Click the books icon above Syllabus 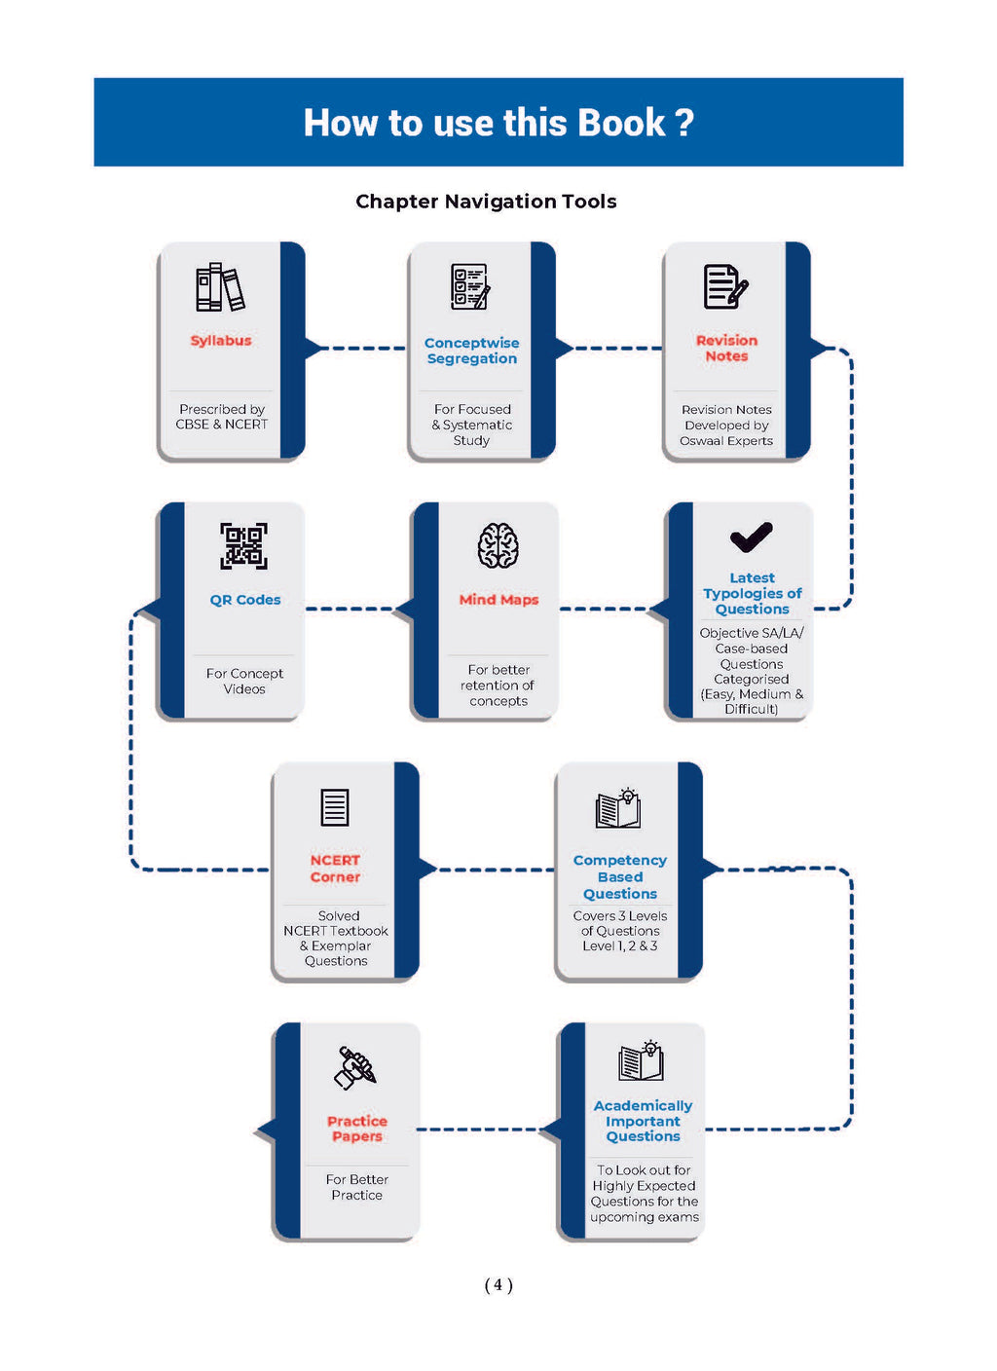(x=220, y=287)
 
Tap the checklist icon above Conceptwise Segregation (x=470, y=286)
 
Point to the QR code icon (x=243, y=546)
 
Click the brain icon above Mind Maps (x=498, y=545)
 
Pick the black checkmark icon (x=751, y=537)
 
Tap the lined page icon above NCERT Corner (x=335, y=807)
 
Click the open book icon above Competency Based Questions (x=619, y=808)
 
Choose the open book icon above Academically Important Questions (x=642, y=1060)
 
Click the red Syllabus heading (x=221, y=341)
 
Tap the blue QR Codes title (x=245, y=600)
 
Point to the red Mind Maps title (x=498, y=600)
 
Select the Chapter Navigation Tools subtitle (x=486, y=202)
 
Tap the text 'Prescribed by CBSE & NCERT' (x=222, y=417)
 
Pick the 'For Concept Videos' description (x=244, y=682)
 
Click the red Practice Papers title (x=357, y=1129)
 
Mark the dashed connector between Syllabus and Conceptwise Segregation (x=361, y=349)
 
